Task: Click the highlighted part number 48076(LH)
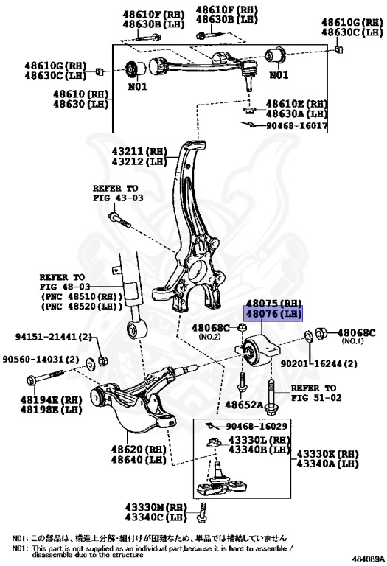point(274,314)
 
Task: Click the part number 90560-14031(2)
point(41,359)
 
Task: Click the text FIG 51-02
point(315,397)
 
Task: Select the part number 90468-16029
point(257,426)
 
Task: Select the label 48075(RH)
point(274,303)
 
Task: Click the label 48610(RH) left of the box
point(80,94)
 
